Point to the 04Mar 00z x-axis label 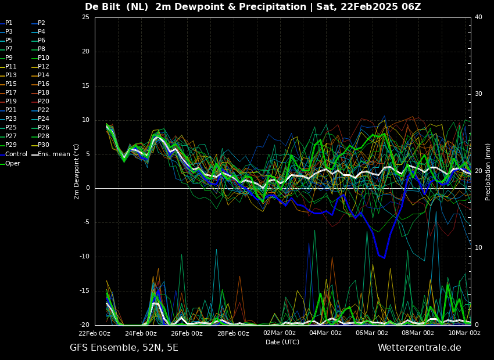[x=326, y=333]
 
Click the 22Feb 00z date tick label [x=95, y=333]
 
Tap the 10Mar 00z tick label [x=465, y=333]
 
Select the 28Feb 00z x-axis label [x=234, y=333]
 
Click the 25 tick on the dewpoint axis [x=85, y=17]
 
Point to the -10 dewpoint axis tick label [x=84, y=257]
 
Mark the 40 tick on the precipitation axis [x=478, y=17]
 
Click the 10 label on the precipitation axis [x=478, y=248]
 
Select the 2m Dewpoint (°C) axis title [x=76, y=172]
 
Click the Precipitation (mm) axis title [x=488, y=172]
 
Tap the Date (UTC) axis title [x=282, y=342]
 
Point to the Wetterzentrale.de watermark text [x=420, y=348]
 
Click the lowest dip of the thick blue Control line [x=384, y=258]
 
